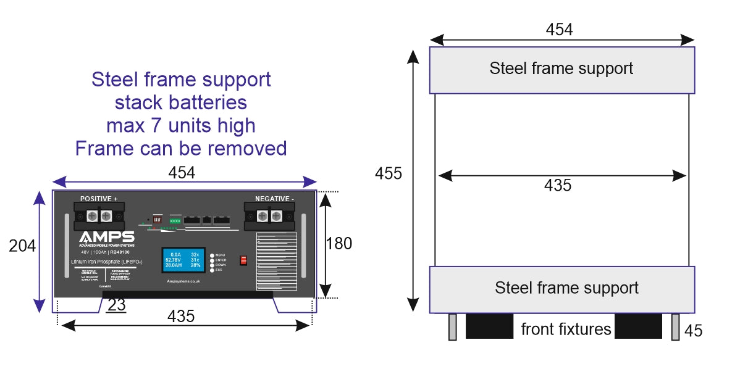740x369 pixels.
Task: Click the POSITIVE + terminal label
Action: [x=99, y=199]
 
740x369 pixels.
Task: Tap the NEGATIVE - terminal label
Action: [x=275, y=199]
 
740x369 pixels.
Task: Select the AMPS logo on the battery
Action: [x=106, y=238]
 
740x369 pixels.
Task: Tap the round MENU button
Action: [x=212, y=255]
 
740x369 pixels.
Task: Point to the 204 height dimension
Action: [x=22, y=246]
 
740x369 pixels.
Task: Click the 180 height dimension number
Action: [x=338, y=243]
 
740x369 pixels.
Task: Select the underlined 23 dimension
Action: [x=116, y=305]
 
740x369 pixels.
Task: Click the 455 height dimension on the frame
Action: [x=388, y=173]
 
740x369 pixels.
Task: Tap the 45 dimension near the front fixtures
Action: [x=694, y=331]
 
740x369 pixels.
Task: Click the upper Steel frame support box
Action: [x=561, y=68]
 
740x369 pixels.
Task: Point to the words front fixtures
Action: [x=566, y=329]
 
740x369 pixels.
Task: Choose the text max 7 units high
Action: [x=181, y=125]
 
